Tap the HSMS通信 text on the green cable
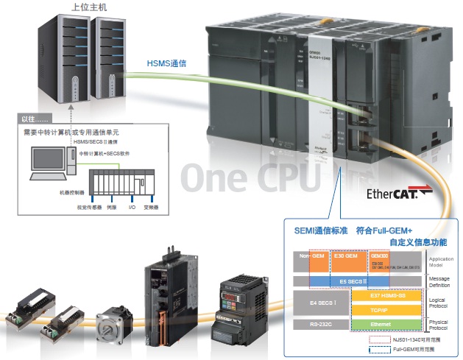[167, 64]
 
